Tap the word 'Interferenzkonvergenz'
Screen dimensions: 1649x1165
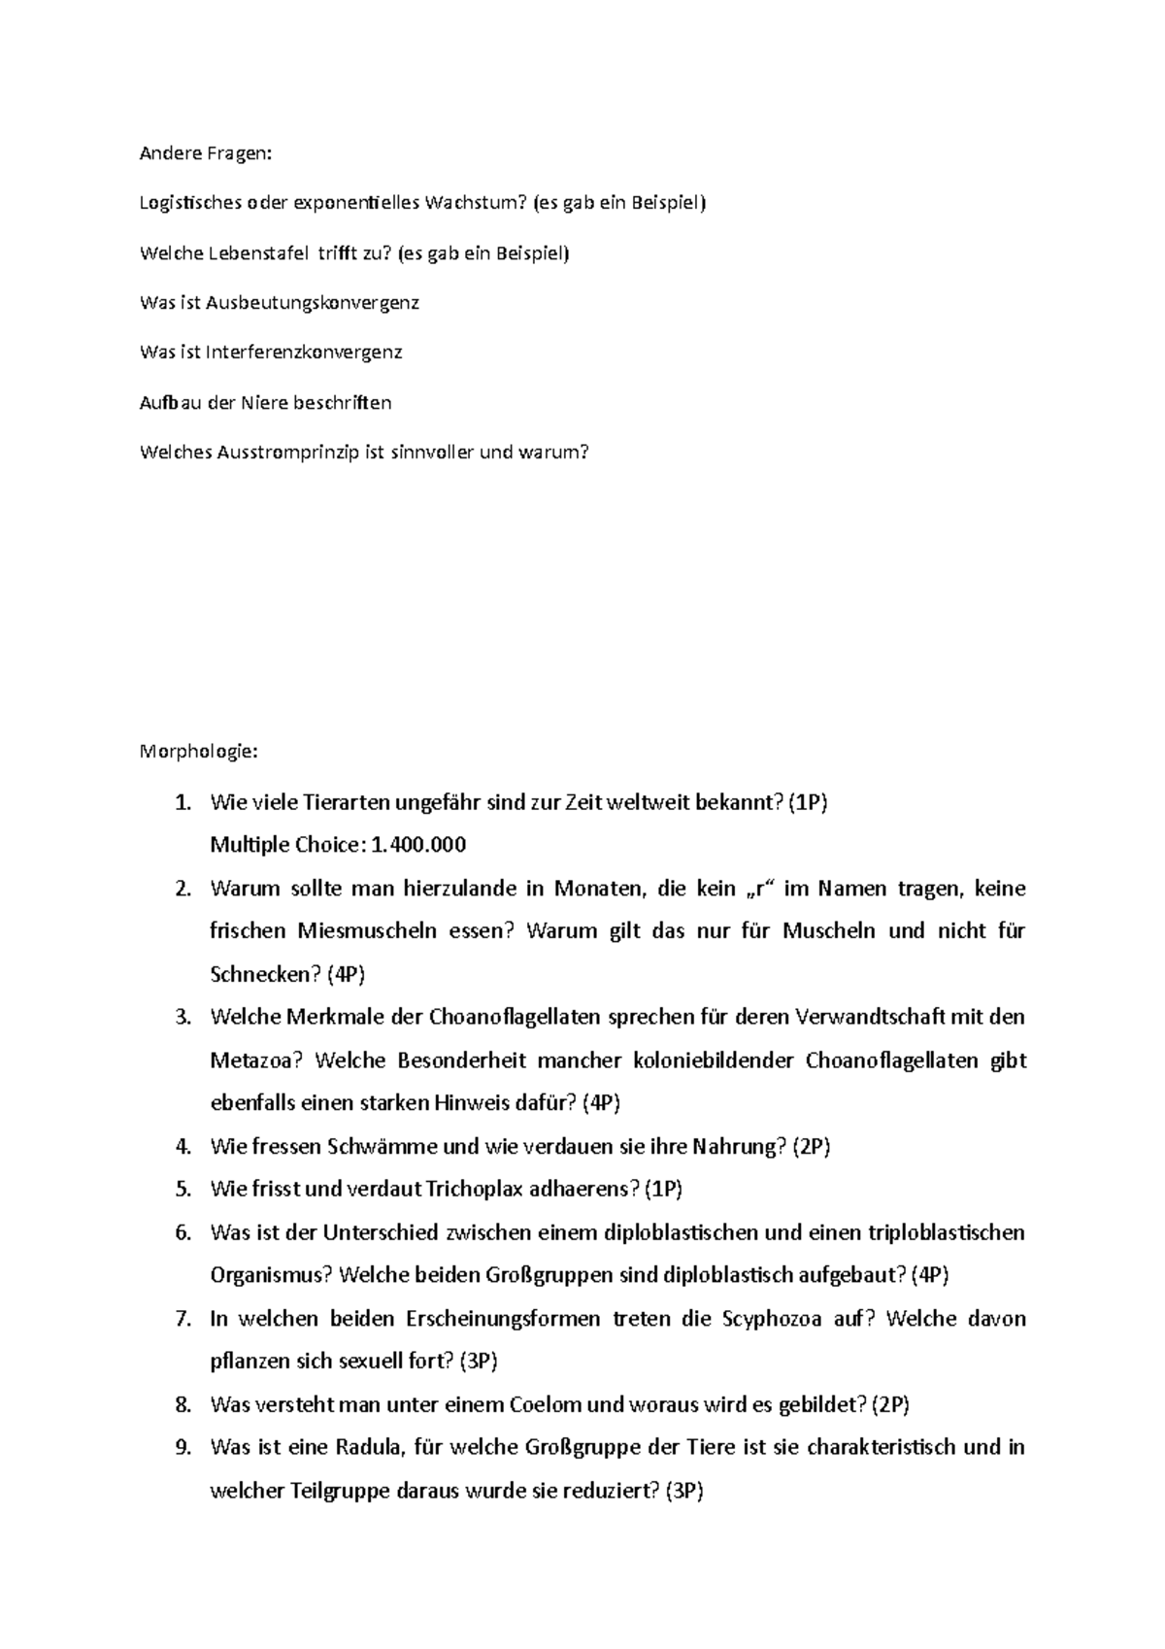(304, 352)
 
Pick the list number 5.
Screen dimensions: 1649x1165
(183, 1189)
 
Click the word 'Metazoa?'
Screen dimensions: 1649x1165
(255, 1060)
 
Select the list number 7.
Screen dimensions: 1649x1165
(183, 1318)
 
